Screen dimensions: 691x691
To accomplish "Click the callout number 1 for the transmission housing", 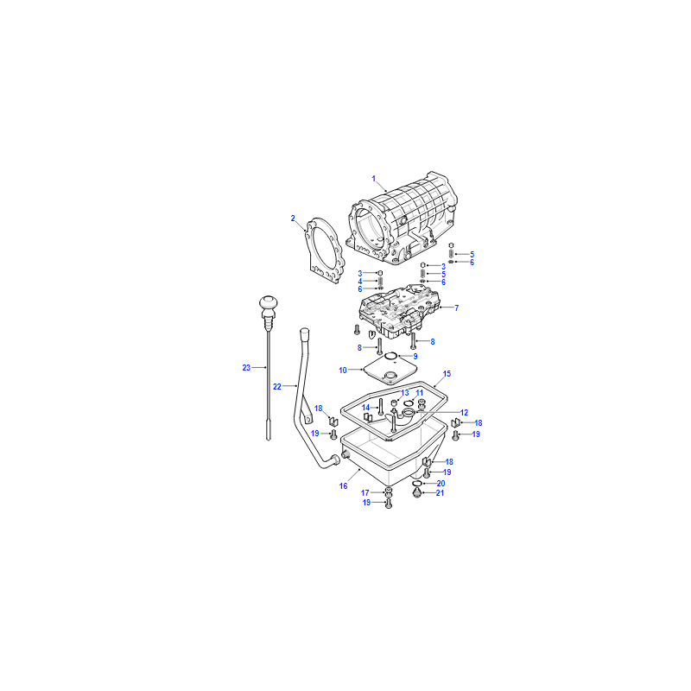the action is [374, 179].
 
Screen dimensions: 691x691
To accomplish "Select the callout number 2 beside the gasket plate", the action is [293, 219].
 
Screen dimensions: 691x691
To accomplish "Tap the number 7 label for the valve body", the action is [457, 308].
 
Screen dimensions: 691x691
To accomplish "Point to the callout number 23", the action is [246, 368].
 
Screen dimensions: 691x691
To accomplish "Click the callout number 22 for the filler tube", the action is [276, 386].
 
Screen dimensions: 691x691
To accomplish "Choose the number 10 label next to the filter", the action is [343, 371].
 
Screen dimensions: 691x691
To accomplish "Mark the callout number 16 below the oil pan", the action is [343, 486].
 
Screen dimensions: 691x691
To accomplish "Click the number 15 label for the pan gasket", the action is [447, 374].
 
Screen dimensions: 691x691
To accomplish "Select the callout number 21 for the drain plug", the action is [440, 493].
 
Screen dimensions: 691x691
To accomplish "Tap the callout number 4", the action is [360, 282].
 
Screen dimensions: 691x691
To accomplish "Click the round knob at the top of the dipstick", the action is [269, 302].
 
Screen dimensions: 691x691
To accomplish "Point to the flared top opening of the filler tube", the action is [305, 333].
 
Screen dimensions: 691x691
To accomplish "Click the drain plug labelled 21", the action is [417, 492].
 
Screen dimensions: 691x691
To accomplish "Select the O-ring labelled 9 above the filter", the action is [391, 356].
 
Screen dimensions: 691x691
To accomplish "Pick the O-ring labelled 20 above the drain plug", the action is [417, 484].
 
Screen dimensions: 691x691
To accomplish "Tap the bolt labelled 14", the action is [380, 406].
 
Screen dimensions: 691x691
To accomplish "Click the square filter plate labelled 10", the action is [390, 371].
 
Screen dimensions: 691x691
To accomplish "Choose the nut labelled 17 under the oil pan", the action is [388, 491].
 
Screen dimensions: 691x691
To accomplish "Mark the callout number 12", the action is [464, 413].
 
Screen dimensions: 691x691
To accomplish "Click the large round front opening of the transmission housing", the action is [368, 227].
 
